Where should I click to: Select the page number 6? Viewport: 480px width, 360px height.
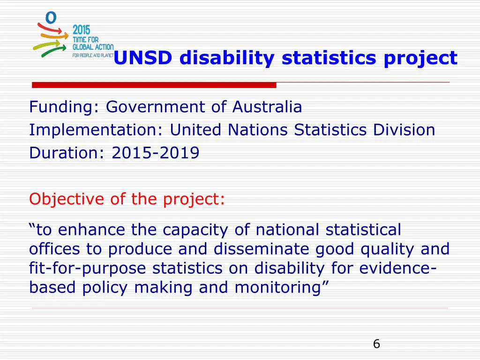(x=376, y=344)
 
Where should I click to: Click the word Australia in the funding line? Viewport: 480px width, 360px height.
(x=267, y=107)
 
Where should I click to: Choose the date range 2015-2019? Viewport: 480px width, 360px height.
(x=156, y=153)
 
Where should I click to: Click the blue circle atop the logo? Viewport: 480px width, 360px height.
(x=51, y=18)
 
